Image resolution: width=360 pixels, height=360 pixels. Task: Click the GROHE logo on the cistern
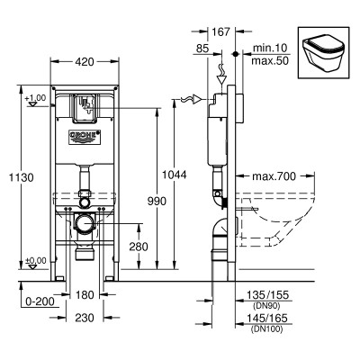coord(85,137)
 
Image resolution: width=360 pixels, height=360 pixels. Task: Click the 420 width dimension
coord(85,62)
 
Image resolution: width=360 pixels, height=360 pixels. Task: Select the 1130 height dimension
coord(21,177)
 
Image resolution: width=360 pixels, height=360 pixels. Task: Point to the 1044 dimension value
coord(175,175)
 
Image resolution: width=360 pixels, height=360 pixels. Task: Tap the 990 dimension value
coord(157,202)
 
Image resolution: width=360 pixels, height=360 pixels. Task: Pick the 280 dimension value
coord(139,247)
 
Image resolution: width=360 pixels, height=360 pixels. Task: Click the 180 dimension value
coord(85,295)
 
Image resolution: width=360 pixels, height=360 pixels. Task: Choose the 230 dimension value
coord(85,318)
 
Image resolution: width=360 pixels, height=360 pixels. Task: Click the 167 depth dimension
coord(221,31)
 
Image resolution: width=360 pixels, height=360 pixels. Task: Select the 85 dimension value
coord(202,49)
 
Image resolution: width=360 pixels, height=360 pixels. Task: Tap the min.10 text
coord(270,48)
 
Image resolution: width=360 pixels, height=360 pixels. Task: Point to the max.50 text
coord(270,61)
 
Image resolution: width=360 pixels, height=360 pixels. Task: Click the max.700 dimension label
coord(274,176)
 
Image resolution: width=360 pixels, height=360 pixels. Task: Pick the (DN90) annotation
coord(266,306)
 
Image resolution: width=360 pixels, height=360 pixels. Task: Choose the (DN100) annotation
coord(266,329)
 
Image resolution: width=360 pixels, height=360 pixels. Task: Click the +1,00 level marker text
coord(35,98)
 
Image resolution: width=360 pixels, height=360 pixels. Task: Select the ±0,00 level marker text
coord(36,260)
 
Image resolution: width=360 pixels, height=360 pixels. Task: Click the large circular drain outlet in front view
coord(85,223)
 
